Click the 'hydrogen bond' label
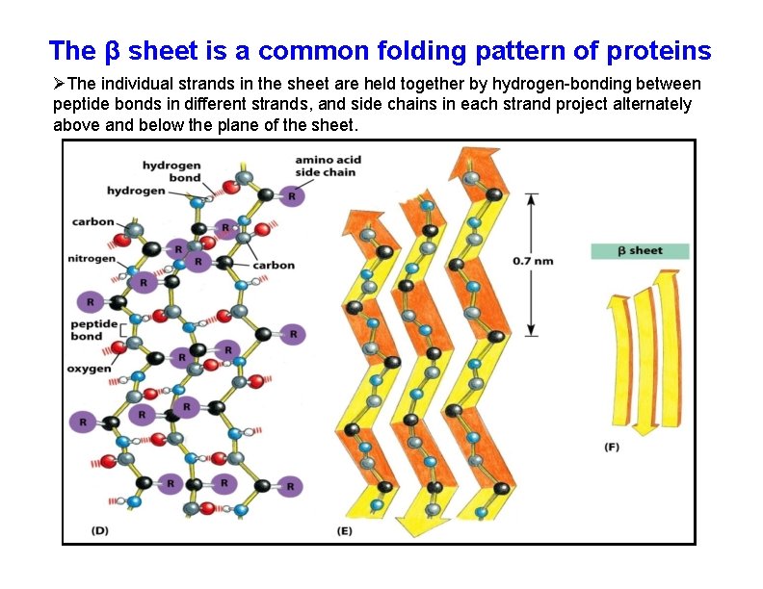click(x=171, y=171)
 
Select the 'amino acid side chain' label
click(x=326, y=166)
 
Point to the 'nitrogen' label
click(x=92, y=258)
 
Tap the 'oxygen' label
click(x=89, y=369)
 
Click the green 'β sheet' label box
click(x=640, y=251)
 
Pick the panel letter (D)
click(x=100, y=530)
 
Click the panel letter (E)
click(x=345, y=530)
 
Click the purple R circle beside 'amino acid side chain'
click(x=292, y=195)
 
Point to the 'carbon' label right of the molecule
click(x=276, y=265)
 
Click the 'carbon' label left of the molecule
click(x=93, y=222)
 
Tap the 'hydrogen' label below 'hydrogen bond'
click(x=136, y=191)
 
